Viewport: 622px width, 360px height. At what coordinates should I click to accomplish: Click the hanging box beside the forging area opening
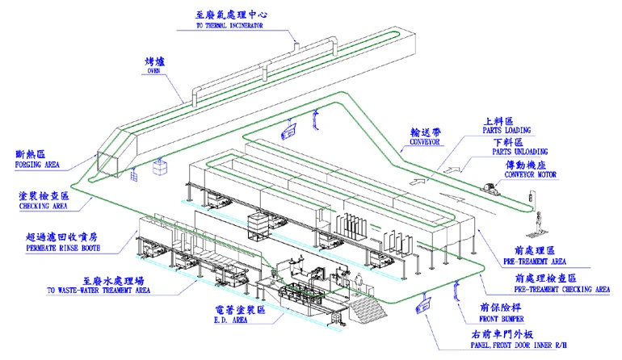point(161,168)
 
